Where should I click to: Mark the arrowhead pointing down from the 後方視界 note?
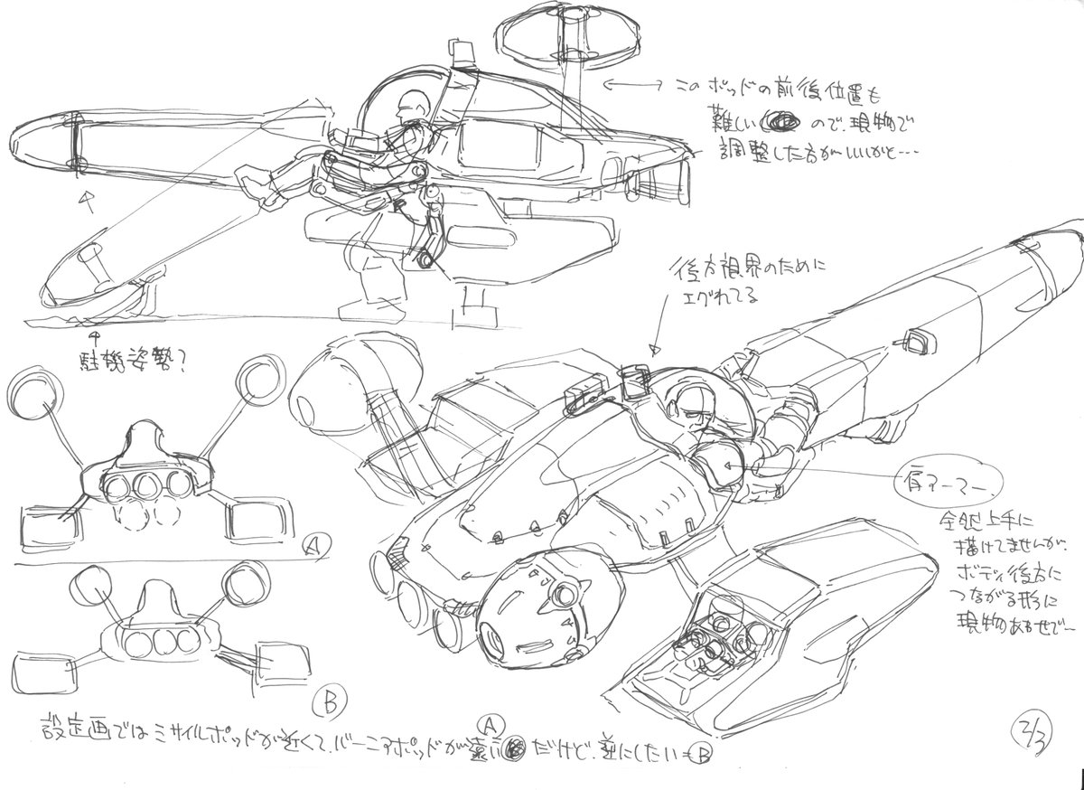pyautogui.click(x=655, y=349)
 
